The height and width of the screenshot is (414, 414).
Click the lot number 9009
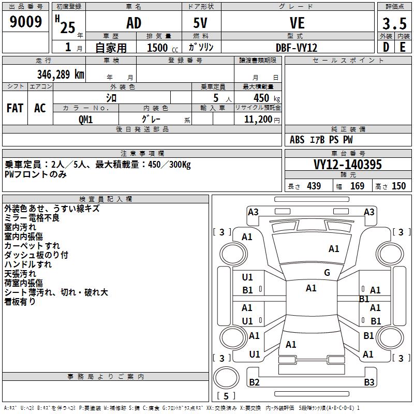point(26,22)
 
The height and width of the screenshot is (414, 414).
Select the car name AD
point(134,23)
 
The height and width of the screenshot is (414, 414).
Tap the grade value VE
point(297,23)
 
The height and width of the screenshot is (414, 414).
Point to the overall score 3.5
point(394,24)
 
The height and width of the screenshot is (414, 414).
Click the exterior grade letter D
point(386,47)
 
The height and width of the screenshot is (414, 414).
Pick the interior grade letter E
point(403,47)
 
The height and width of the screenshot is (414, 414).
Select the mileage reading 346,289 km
point(60,74)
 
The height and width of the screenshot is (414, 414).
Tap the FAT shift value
point(15,108)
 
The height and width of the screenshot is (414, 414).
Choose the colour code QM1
point(85,119)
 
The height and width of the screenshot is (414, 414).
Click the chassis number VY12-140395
point(348,165)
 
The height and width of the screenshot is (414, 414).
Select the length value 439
point(314,186)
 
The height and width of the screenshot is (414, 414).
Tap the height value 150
point(398,186)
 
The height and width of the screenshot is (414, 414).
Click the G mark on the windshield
point(327,273)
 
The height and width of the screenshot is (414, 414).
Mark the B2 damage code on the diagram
point(254,382)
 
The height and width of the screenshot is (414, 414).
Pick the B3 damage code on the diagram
point(369,382)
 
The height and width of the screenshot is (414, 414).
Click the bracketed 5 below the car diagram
point(226,396)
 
